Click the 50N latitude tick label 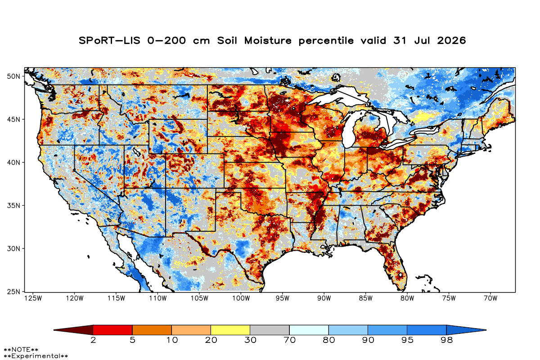point(13,76)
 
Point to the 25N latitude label point(13,292)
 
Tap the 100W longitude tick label point(241,298)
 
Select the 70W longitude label point(490,298)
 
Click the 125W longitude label point(33,298)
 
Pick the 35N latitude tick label point(13,206)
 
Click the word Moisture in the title point(268,40)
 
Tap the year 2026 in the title point(451,40)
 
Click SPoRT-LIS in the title point(109,40)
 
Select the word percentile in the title point(326,41)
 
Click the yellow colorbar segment point(230,330)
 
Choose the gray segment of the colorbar point(270,330)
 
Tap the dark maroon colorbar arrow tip point(54,330)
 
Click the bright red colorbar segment point(112,330)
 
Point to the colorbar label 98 point(446,340)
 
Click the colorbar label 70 point(289,340)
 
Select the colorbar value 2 point(93,340)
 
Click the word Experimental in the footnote point(36,356)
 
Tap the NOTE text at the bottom point(21,350)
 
